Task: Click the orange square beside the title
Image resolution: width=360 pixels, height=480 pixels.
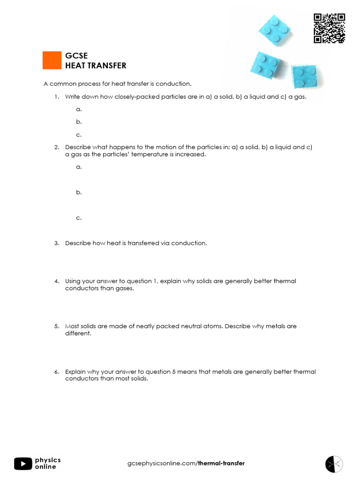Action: [x=52, y=60]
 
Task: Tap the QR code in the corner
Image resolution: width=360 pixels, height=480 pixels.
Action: [x=329, y=29]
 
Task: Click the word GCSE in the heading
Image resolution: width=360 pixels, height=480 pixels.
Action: [x=76, y=56]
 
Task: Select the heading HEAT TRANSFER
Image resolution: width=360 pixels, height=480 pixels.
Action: [x=96, y=66]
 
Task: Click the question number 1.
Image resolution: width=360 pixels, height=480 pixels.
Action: [x=56, y=97]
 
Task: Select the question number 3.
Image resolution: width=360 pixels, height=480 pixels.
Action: [x=56, y=243]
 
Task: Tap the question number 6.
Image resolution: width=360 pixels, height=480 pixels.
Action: [x=56, y=372]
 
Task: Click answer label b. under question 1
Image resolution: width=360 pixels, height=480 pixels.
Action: [x=79, y=122]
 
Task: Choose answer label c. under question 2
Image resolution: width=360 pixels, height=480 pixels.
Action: [x=79, y=218]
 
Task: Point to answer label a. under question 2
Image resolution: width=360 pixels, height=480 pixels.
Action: [x=79, y=167]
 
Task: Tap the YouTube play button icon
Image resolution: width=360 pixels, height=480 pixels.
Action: [x=23, y=464]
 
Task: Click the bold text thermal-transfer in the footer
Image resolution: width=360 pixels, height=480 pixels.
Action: [x=221, y=464]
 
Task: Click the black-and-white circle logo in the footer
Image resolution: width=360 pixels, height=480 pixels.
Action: [x=334, y=464]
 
